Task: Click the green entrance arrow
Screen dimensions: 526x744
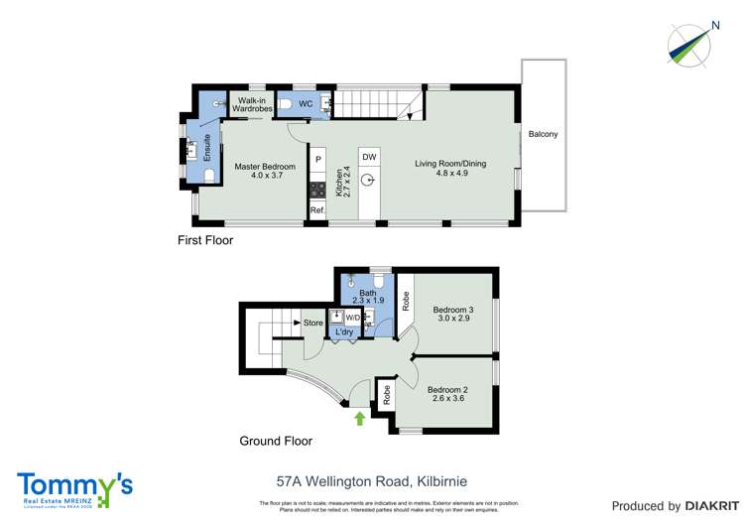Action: click(x=359, y=419)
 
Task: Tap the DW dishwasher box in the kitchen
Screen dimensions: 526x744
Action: click(x=368, y=158)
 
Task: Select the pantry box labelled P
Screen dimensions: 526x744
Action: click(x=318, y=158)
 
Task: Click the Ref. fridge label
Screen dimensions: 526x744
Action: click(x=317, y=210)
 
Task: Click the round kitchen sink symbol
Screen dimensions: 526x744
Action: click(x=368, y=181)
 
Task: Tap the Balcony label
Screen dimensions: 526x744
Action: click(x=543, y=134)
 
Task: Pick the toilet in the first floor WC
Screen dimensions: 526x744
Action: click(x=284, y=103)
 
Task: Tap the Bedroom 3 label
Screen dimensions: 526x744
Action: click(x=453, y=310)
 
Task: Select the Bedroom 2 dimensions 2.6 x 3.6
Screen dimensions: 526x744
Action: click(x=447, y=400)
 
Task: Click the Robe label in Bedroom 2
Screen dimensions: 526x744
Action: click(x=386, y=394)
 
